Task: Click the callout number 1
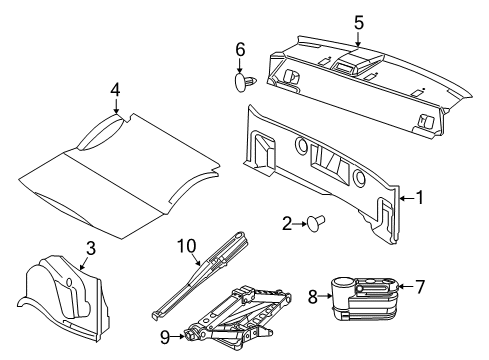pos(421,198)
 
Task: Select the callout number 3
pos(90,248)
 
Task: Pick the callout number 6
pos(240,49)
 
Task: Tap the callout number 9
pos(165,337)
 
